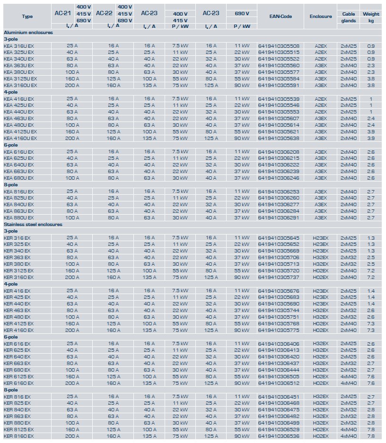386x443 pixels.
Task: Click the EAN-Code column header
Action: pyautogui.click(x=281, y=16)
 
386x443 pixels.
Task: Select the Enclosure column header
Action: pyautogui.click(x=321, y=16)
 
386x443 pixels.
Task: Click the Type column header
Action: pyautogui.click(x=27, y=16)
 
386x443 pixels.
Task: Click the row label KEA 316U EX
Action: pyautogui.click(x=19, y=45)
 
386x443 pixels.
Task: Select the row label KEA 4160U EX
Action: pyautogui.click(x=20, y=138)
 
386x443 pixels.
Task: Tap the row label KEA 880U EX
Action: pyautogui.click(x=19, y=217)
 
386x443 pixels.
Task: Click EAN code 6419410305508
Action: pyautogui.click(x=279, y=45)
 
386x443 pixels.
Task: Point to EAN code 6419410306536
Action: pyautogui.click(x=279, y=436)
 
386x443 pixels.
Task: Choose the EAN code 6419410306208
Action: pyautogui.click(x=279, y=151)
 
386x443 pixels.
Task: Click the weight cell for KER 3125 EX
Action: pyautogui.click(x=371, y=270)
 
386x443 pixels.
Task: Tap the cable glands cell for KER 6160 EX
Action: pyautogui.click(x=349, y=383)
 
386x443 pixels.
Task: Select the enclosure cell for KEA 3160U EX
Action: pyautogui.click(x=321, y=85)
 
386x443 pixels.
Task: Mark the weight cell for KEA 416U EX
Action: pyautogui.click(x=371, y=98)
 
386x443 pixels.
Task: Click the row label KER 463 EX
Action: pyautogui.click(x=17, y=310)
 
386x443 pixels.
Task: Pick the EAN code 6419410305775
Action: pyautogui.click(x=279, y=330)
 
